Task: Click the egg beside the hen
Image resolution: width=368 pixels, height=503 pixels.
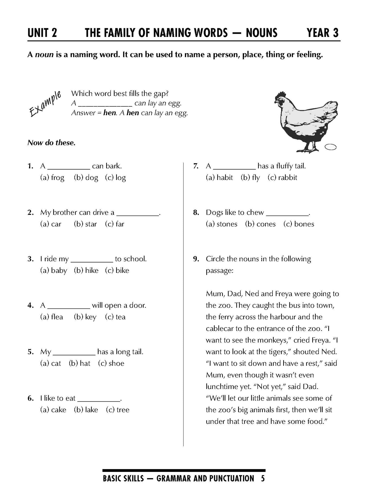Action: point(331,147)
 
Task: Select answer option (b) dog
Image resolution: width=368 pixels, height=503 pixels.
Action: point(86,178)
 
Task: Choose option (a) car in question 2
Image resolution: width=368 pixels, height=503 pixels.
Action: point(51,224)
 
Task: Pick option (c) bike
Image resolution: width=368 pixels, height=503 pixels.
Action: point(117,270)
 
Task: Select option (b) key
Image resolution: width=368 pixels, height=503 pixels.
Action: point(85,317)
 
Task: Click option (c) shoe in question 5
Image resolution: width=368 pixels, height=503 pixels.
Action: point(111,363)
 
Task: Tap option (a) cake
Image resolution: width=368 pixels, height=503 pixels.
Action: point(53,410)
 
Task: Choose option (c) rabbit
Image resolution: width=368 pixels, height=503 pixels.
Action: point(282,178)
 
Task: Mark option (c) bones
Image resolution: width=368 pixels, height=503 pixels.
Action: point(299,224)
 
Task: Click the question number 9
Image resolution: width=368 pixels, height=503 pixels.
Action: point(196,259)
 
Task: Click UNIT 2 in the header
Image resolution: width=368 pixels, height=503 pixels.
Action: point(42,33)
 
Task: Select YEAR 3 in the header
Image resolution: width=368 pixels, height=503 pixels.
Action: point(322,33)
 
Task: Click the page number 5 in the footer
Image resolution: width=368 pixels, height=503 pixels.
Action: point(263,479)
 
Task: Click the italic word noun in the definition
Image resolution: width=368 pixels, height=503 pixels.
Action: point(44,55)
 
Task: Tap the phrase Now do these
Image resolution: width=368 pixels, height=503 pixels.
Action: point(51,143)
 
